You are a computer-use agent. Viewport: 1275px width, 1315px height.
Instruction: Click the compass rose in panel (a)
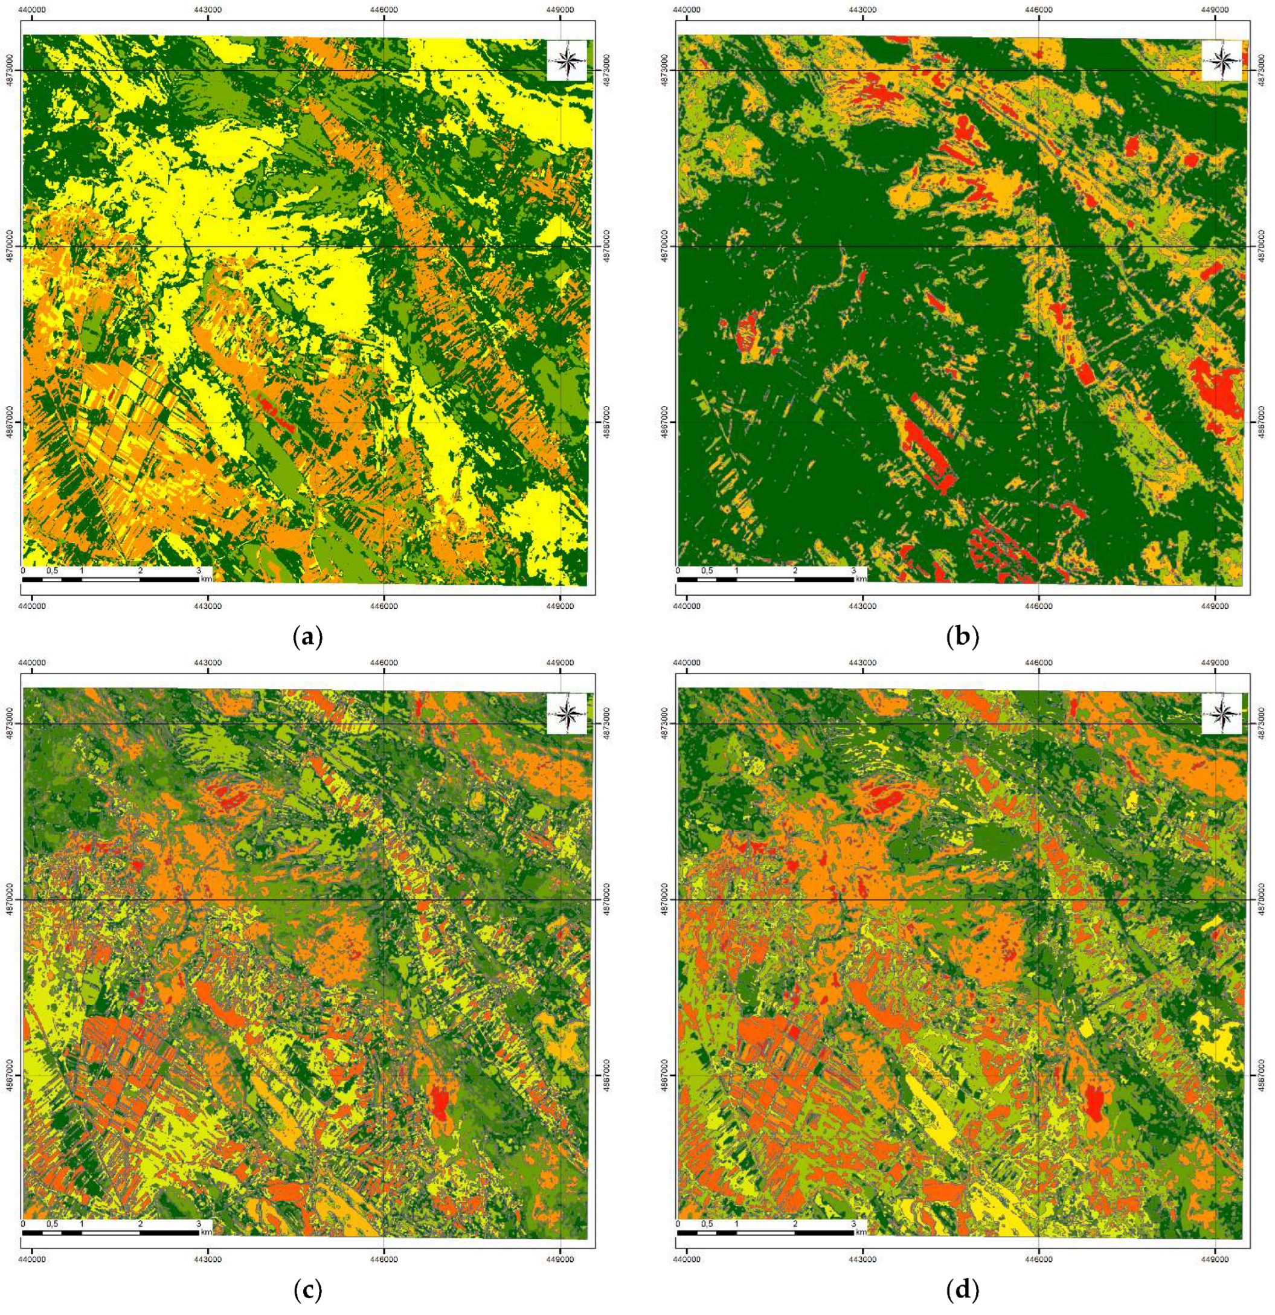point(567,60)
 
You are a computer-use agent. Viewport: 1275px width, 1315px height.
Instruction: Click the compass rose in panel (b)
point(1221,60)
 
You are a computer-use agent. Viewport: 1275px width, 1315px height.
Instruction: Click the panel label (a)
point(309,635)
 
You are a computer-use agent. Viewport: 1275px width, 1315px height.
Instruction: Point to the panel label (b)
point(963,635)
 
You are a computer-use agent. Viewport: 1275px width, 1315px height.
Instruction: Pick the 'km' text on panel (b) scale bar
point(861,577)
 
